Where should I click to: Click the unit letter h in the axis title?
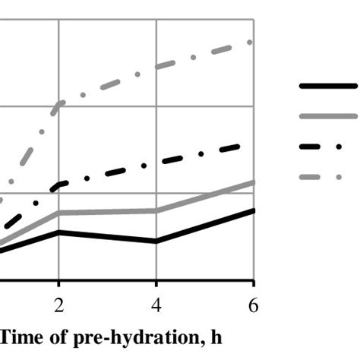tap(215, 334)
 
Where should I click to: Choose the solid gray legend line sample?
tap(328, 116)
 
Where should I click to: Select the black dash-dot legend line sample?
tap(328, 146)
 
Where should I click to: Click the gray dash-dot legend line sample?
tap(328, 176)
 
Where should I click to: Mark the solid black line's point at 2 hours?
tap(59, 232)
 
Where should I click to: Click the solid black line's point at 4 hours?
tap(156, 242)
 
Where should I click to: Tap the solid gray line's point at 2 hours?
tap(59, 213)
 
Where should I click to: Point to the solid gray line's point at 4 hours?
tap(156, 211)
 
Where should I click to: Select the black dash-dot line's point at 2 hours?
tap(59, 185)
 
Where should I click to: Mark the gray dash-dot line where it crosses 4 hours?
tap(156, 67)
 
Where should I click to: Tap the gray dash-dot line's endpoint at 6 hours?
tap(253, 42)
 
